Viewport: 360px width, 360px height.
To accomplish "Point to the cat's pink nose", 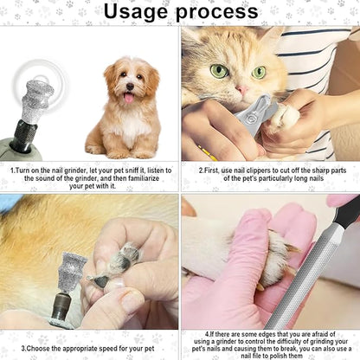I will (x=245, y=89).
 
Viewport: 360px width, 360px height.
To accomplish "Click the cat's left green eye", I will (x=220, y=70).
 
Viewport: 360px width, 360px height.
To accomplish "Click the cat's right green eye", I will (x=259, y=72).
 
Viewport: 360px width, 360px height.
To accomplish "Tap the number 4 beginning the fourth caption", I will (x=209, y=332).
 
